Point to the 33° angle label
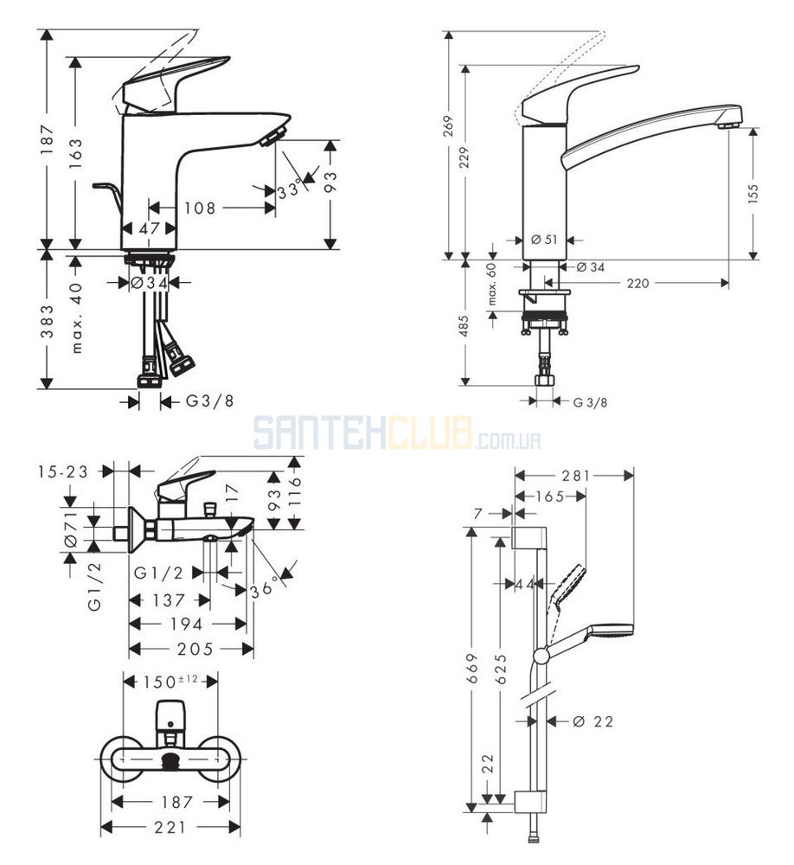click(291, 189)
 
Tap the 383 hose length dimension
click(48, 321)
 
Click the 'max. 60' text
click(492, 286)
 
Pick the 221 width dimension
click(170, 827)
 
